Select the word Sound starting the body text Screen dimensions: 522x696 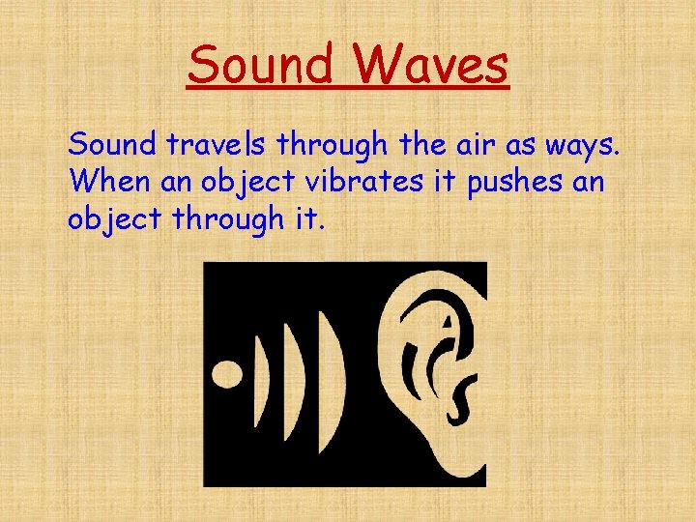(111, 145)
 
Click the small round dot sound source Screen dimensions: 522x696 (227, 374)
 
